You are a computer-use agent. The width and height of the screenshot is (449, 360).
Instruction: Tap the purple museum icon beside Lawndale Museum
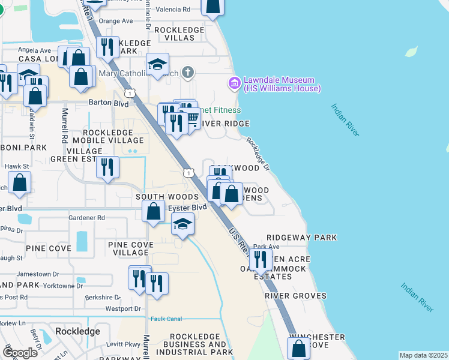234,82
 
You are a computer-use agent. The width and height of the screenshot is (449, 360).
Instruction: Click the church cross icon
188,73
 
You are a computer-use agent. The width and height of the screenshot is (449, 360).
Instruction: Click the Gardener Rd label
86,218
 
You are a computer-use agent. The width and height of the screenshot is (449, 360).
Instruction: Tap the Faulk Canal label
166,319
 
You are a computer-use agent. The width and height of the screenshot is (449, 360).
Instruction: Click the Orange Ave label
115,20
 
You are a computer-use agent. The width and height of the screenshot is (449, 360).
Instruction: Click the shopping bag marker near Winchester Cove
298,348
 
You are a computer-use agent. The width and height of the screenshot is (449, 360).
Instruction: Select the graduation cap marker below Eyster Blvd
182,224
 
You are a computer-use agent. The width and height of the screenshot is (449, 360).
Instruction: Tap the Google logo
20,353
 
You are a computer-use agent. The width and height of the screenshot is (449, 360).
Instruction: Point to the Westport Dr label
122,309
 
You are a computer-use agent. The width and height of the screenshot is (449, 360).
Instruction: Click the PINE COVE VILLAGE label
131,249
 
